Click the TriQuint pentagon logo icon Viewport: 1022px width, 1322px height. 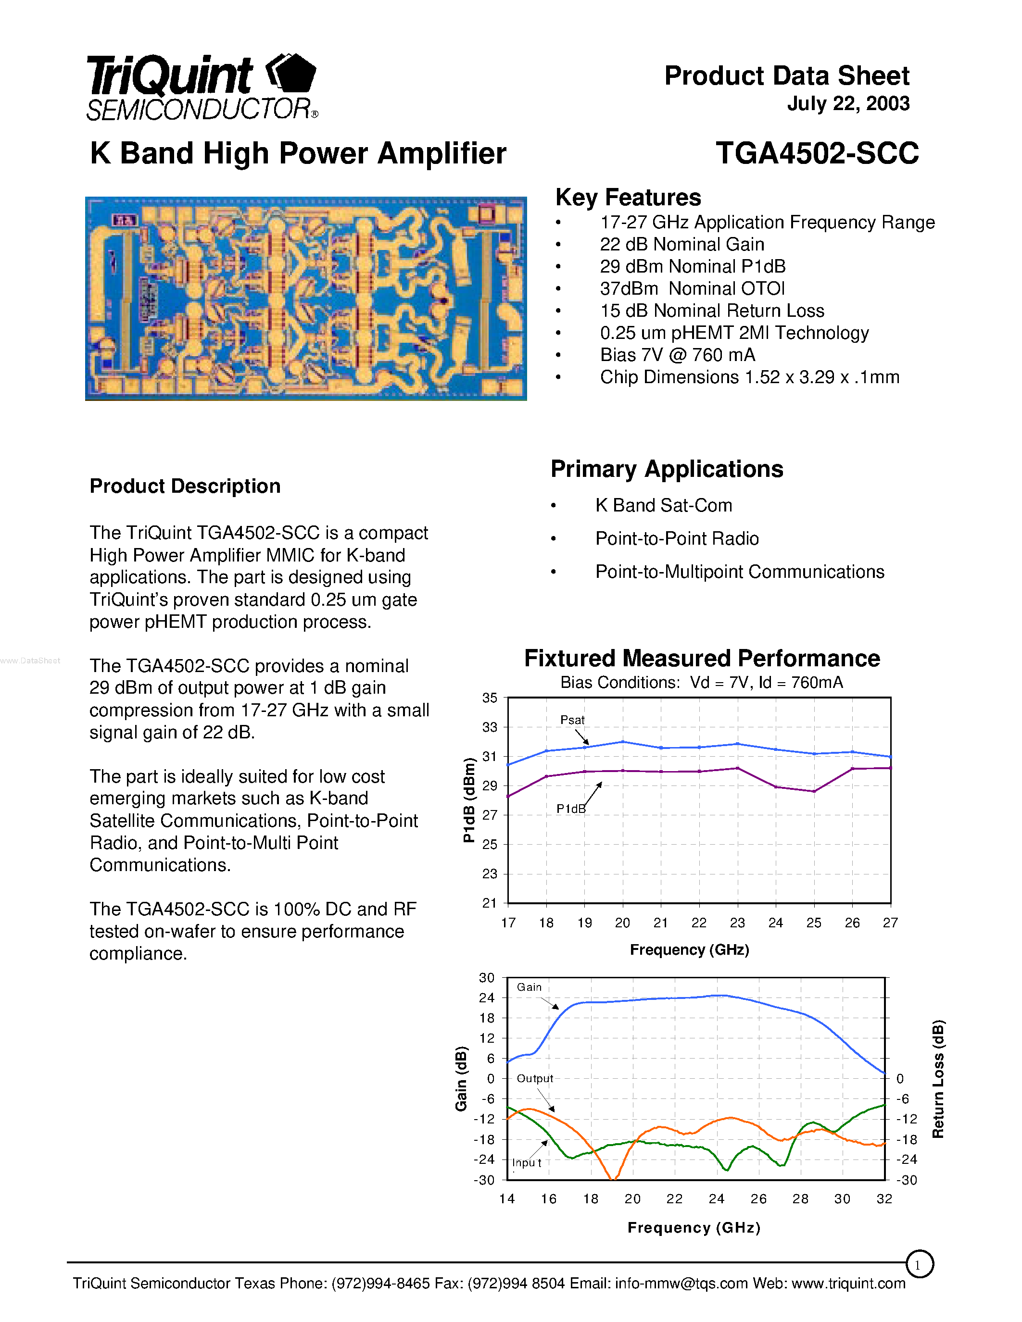[x=292, y=74]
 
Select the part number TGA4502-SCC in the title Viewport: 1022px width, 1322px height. [x=817, y=153]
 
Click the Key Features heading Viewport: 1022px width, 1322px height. [x=628, y=197]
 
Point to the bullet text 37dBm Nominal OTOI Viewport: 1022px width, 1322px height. [x=692, y=289]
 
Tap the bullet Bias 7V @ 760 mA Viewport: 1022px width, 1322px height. [x=677, y=355]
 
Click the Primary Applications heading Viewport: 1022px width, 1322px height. [x=667, y=469]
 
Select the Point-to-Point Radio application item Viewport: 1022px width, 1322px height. [x=676, y=539]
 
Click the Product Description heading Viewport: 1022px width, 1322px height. [x=185, y=486]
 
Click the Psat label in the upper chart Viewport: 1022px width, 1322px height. [x=572, y=720]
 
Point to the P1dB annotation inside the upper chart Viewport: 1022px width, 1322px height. [x=570, y=809]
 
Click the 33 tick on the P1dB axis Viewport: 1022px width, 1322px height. [x=489, y=727]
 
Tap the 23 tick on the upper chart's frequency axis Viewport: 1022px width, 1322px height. [x=737, y=923]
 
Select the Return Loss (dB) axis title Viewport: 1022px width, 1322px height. [x=938, y=1079]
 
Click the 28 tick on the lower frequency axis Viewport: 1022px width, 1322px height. [x=800, y=1199]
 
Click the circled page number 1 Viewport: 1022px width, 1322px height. [x=919, y=1264]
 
